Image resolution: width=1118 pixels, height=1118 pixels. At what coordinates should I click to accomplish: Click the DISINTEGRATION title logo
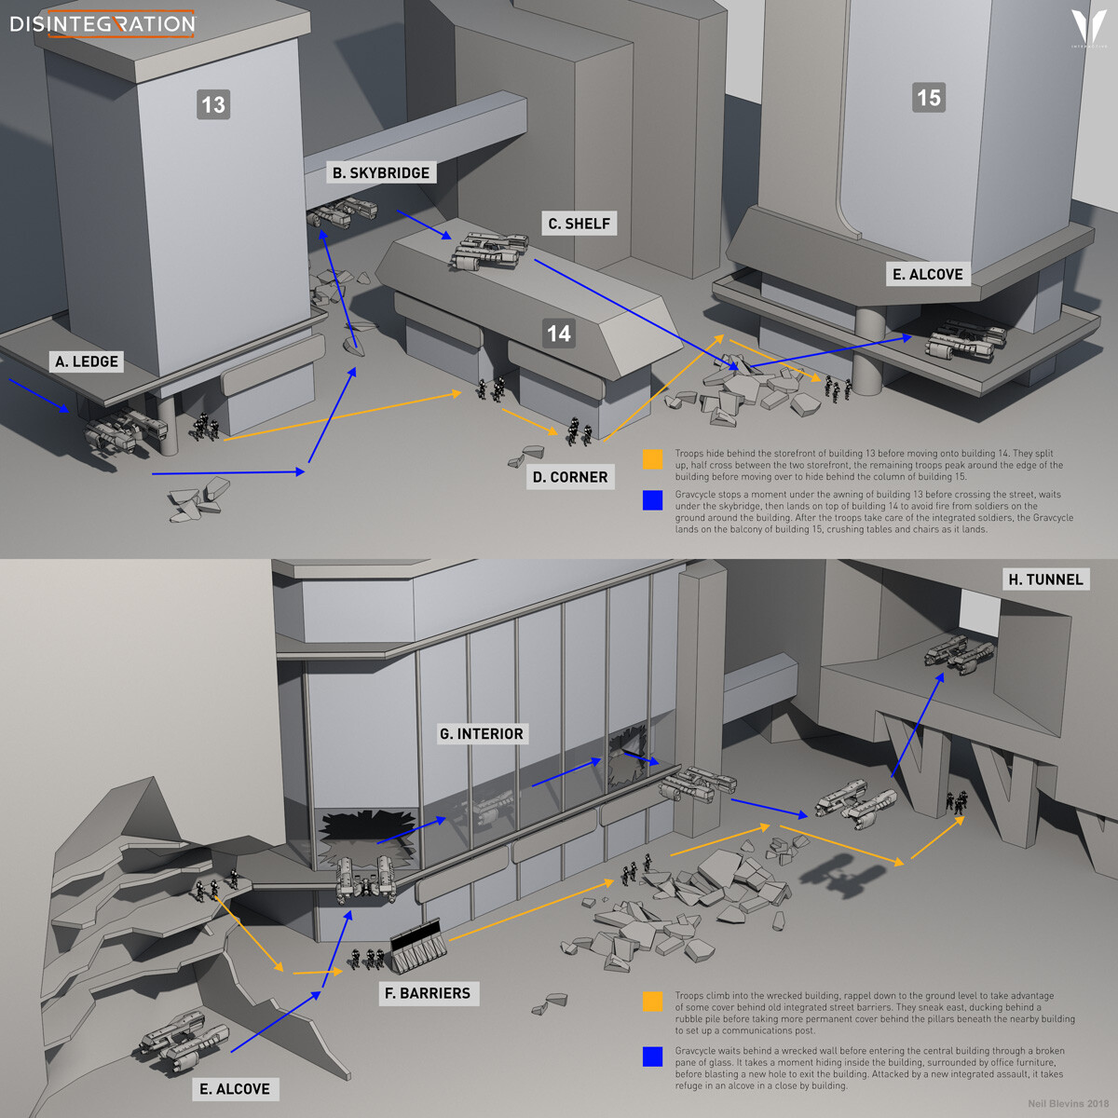point(102,23)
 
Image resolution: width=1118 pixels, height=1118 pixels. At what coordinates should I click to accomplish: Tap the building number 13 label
point(213,104)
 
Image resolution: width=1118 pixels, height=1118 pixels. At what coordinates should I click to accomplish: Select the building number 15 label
point(928,98)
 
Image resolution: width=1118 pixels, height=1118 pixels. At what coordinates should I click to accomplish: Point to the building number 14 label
point(558,334)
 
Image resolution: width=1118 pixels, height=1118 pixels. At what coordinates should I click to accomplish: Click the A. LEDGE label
point(87,361)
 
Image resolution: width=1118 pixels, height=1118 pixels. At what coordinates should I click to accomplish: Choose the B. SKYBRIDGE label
point(381,172)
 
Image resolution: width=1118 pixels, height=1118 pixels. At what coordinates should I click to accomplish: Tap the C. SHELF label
point(579,224)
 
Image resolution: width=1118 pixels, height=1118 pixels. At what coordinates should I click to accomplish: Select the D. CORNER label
point(569,477)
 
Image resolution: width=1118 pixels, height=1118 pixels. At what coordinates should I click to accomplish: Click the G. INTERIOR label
point(482,734)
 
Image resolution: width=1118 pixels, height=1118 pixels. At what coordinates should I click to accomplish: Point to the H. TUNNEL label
point(1045,579)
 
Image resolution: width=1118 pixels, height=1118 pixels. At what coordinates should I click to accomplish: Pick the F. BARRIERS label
point(428,993)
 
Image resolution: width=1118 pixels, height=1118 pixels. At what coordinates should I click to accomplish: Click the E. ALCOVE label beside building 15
point(927,274)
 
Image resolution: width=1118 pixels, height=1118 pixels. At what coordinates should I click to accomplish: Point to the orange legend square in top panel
point(652,459)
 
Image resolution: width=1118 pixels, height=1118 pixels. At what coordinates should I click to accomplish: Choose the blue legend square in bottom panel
point(652,1057)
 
